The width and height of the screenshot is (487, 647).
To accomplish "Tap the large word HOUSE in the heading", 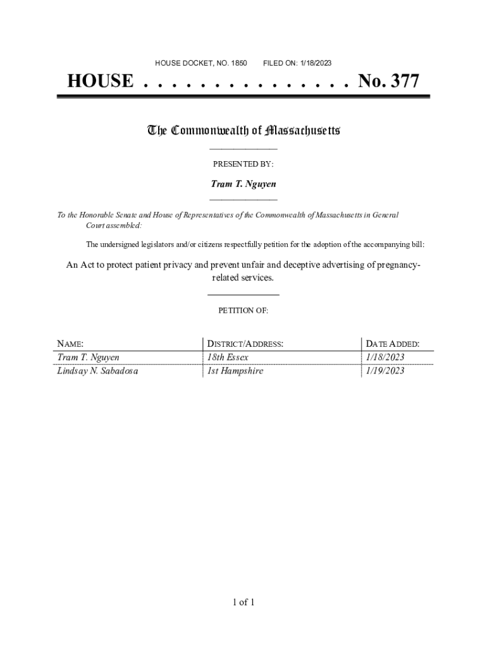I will click(101, 82).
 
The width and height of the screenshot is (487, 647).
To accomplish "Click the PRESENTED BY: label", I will click(243, 164).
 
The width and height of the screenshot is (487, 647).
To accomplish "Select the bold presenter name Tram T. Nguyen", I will click(243, 184).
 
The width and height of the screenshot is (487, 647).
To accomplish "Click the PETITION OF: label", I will click(243, 311).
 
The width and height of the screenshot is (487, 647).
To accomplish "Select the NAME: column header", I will click(70, 344).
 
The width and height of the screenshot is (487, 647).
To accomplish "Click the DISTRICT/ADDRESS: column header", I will click(245, 344).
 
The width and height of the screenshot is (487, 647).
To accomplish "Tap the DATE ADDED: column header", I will click(392, 344).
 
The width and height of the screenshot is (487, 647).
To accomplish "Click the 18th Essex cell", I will click(232, 358).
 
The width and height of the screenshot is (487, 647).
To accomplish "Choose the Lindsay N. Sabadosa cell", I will click(97, 371).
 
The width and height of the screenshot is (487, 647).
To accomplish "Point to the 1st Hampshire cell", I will click(235, 371).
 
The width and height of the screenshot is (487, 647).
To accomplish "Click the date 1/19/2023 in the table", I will click(385, 371).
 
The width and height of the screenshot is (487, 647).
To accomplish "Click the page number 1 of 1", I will click(243, 602).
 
